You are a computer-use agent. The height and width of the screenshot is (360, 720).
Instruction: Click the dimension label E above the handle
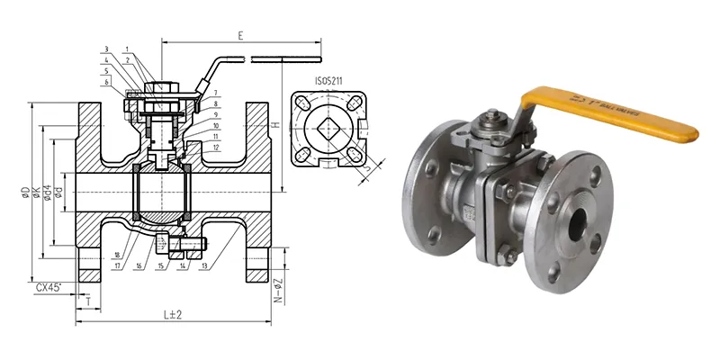240,37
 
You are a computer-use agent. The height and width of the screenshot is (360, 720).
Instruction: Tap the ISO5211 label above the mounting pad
329,80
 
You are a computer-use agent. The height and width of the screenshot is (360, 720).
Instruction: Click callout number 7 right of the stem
216,94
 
